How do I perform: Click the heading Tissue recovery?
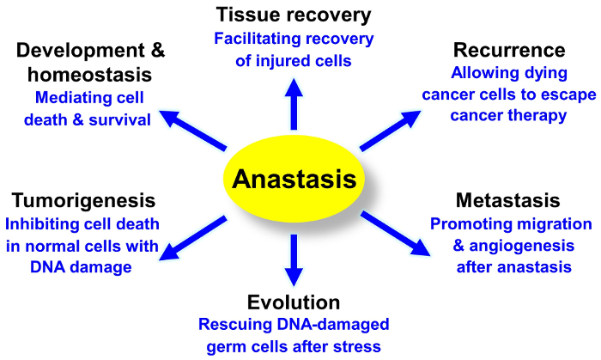coord(294,15)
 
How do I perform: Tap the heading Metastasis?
coord(509,201)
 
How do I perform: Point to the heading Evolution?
coord(294,302)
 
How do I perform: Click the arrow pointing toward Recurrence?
coord(392,125)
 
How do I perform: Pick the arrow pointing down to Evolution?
coord(294,258)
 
